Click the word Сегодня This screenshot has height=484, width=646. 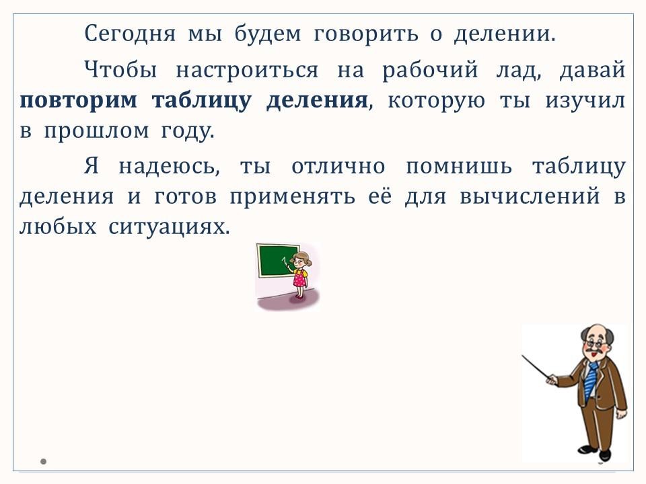(130, 34)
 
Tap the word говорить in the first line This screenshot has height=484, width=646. (365, 34)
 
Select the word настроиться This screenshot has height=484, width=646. (247, 69)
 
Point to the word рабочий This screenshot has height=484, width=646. (430, 69)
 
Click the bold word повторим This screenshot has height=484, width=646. (78, 100)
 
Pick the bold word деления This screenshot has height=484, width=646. (317, 100)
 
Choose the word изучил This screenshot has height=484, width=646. (585, 100)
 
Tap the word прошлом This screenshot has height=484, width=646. (96, 131)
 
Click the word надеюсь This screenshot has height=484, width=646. (169, 167)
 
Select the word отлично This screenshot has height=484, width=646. (338, 167)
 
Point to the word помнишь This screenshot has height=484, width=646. (459, 167)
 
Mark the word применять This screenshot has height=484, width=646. (292, 197)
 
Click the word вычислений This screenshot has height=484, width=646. (530, 197)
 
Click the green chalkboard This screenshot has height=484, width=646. (278, 261)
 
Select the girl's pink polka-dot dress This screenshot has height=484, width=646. (300, 278)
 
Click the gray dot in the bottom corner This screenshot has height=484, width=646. (43, 461)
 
